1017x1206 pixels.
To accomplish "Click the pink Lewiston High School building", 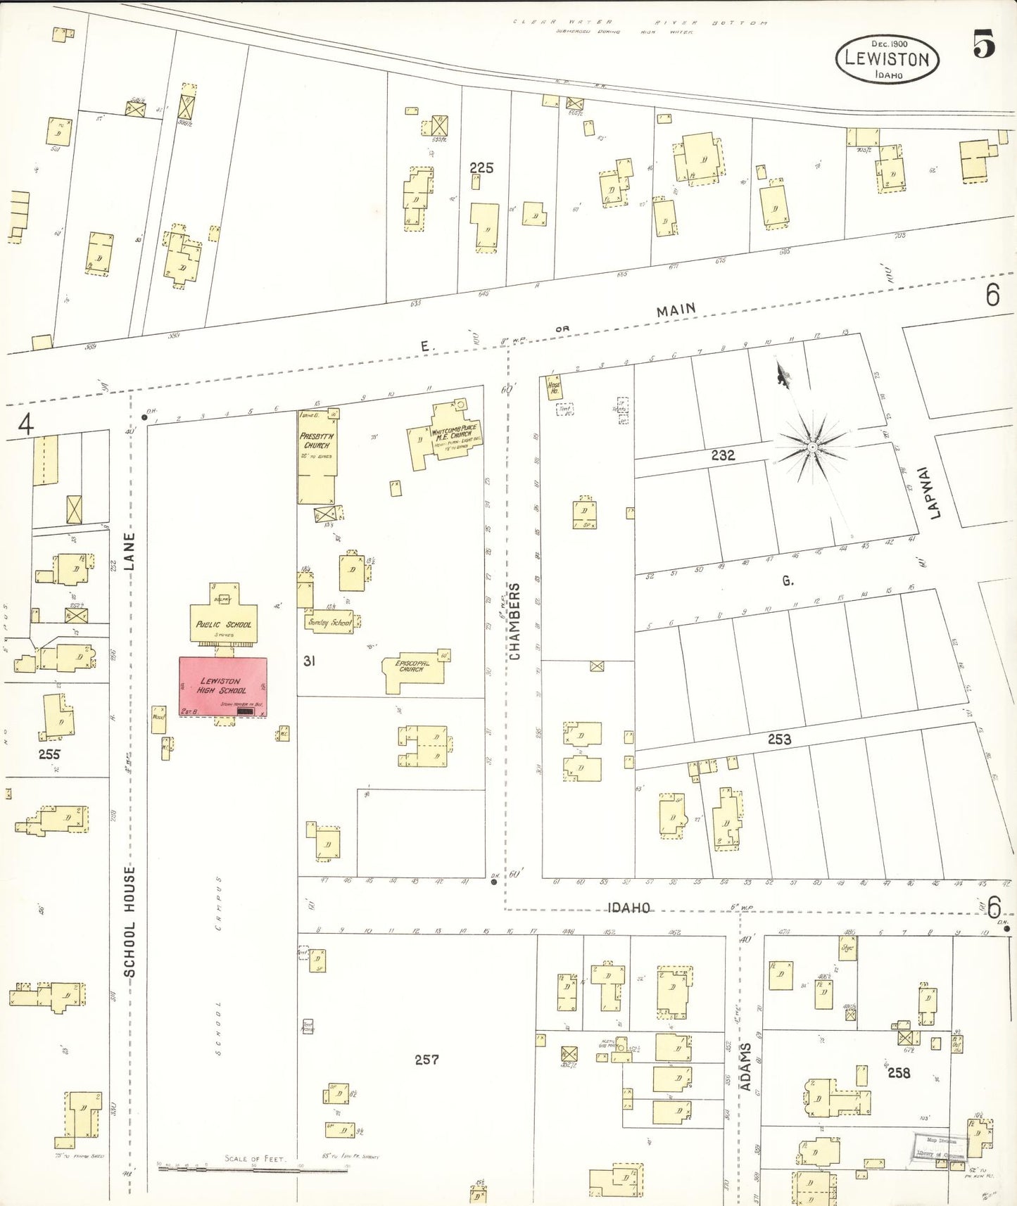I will [222, 686].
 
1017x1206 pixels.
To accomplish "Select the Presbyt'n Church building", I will [317, 457].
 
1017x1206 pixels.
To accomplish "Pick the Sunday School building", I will [330, 622].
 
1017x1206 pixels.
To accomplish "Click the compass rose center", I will [812, 448].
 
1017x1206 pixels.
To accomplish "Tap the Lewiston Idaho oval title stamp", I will [887, 58].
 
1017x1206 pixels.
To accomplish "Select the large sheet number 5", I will [983, 45].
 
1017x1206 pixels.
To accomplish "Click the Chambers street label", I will [514, 621].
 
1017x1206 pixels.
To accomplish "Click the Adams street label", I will [745, 1066].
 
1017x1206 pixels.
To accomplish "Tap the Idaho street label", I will [628, 908].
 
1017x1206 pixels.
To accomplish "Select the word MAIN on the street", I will [676, 310].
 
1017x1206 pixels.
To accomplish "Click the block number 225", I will [481, 167].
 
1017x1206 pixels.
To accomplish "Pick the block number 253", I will [779, 739].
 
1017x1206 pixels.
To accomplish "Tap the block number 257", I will [427, 1059].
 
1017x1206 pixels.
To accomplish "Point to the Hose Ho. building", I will [555, 387].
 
